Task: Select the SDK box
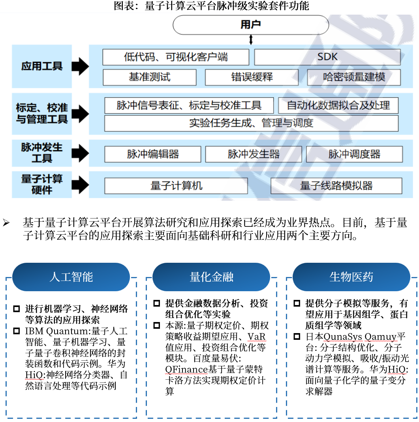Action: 327,57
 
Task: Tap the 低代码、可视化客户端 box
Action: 176,57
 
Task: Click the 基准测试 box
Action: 149,77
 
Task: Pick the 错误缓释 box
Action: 252,77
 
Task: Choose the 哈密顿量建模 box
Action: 354,77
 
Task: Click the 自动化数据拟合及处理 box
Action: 338,105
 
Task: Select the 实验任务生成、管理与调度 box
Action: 251,123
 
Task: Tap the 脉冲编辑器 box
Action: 152,154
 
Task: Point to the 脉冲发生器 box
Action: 254,154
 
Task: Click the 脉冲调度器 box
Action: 354,154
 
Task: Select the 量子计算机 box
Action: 176,185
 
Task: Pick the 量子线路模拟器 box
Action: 336,185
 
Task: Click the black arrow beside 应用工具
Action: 81,66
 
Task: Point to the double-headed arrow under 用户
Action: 251,40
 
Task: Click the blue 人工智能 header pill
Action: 71,277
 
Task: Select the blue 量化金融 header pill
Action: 211,277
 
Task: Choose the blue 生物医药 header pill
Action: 351,277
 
